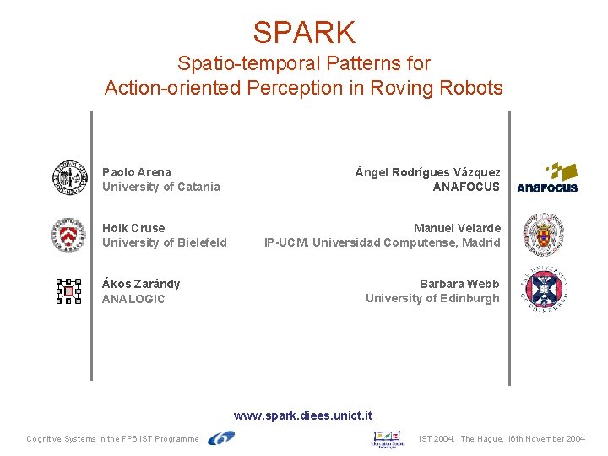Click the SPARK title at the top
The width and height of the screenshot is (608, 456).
(304, 32)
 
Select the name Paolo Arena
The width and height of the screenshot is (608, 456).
(137, 172)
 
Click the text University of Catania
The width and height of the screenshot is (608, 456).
(161, 187)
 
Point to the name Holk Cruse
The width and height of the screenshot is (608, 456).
(133, 228)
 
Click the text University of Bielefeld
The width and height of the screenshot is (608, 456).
(165, 242)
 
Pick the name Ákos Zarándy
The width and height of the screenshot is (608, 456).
(141, 284)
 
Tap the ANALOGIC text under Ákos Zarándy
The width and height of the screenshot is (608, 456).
(133, 299)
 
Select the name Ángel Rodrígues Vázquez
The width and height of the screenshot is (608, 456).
(428, 172)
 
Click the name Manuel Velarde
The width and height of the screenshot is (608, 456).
(457, 228)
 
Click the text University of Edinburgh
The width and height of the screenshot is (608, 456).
(432, 298)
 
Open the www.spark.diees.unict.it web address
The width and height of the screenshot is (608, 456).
(303, 415)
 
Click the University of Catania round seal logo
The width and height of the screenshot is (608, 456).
(69, 178)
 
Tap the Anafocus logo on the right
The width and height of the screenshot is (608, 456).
(547, 178)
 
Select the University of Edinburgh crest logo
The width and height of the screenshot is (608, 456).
(545, 290)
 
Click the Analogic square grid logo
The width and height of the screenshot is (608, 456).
(68, 291)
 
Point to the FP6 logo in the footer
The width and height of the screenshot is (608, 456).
(221, 437)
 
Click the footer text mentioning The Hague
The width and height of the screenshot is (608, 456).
(502, 439)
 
